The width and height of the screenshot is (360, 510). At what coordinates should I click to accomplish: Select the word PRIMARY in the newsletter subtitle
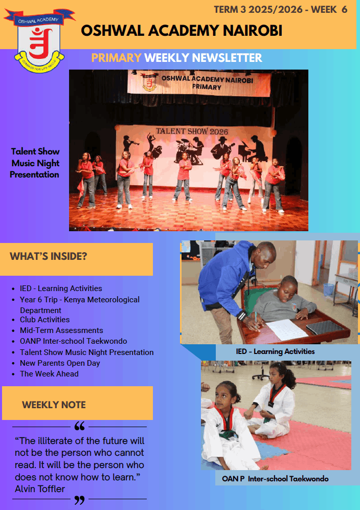(x=116, y=58)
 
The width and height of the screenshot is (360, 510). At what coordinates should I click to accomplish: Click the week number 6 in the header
(x=344, y=9)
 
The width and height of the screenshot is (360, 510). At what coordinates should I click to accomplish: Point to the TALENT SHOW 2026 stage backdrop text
(x=192, y=131)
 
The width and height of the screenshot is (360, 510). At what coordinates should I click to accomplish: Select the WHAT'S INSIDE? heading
(x=49, y=256)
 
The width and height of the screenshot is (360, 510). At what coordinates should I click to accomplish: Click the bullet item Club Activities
(x=45, y=319)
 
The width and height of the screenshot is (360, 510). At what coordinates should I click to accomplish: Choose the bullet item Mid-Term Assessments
(x=61, y=330)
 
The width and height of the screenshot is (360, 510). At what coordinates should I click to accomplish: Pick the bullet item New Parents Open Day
(x=60, y=363)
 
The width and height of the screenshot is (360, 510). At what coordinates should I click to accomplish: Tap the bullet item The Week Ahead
(x=49, y=374)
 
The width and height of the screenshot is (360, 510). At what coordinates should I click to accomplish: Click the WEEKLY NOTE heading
(x=54, y=405)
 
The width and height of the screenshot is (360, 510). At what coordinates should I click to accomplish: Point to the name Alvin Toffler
(x=40, y=489)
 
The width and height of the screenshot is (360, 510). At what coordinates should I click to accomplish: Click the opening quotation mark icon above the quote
(x=79, y=426)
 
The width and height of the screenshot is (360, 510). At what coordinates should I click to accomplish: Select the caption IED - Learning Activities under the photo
(x=276, y=351)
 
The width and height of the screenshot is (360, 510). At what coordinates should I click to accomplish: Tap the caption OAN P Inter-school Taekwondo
(x=275, y=479)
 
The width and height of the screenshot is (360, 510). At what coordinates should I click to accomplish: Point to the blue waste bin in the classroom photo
(x=329, y=290)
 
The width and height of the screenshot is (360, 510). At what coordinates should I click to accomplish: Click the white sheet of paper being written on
(x=287, y=329)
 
